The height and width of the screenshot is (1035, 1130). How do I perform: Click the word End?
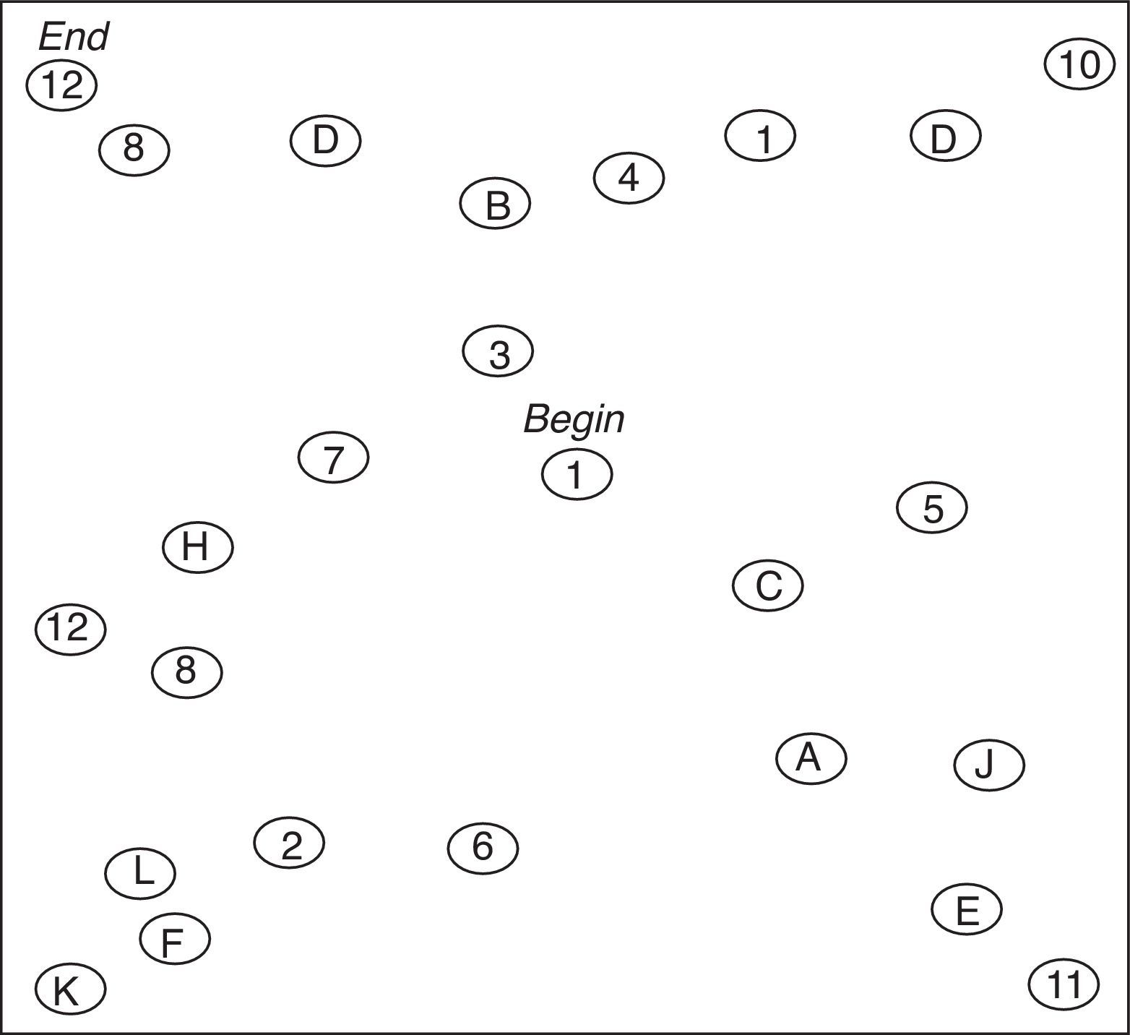73,36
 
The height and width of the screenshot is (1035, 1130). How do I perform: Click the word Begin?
574,419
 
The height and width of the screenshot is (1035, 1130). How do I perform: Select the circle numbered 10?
1079,65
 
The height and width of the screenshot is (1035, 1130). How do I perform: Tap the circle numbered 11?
1064,984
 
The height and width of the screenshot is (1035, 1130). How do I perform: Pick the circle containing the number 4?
629,178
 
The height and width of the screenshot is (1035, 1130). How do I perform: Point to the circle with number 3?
498,352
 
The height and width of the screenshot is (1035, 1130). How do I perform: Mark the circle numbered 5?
932,508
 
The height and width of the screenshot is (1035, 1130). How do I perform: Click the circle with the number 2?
289,843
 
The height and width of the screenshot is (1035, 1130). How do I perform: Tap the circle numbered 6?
483,847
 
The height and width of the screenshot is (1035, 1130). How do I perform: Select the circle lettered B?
495,204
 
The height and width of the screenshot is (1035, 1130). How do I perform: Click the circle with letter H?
197,547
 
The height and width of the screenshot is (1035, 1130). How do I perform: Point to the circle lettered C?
767,585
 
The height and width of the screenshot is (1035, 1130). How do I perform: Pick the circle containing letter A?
811,757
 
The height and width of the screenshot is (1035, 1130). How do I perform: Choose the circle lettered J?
988,764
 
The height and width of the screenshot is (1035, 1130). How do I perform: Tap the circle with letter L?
140,873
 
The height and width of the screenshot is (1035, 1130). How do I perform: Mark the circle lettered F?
174,939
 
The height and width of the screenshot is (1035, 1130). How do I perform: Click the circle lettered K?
69,989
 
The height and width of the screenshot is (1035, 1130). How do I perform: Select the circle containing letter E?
966,909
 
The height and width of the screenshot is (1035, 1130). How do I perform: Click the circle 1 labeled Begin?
577,475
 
